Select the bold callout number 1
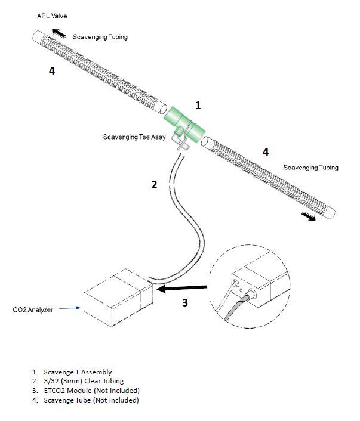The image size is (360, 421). [x=198, y=106]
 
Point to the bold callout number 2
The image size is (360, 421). [x=154, y=185]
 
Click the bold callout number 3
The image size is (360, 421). [x=185, y=302]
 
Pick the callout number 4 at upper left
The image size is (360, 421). [x=52, y=71]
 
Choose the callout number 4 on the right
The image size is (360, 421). [x=266, y=151]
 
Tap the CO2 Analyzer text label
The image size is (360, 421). [x=35, y=310]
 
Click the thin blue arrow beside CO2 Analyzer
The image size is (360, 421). [x=70, y=309]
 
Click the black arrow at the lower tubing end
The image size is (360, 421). [x=310, y=218]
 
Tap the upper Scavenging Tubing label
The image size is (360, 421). [x=100, y=37]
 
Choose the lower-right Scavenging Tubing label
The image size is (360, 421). [x=310, y=168]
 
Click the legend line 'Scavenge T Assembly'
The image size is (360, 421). [x=78, y=372]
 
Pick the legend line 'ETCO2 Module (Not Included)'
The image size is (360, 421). [x=91, y=391]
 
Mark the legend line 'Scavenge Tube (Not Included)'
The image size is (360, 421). [x=91, y=400]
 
